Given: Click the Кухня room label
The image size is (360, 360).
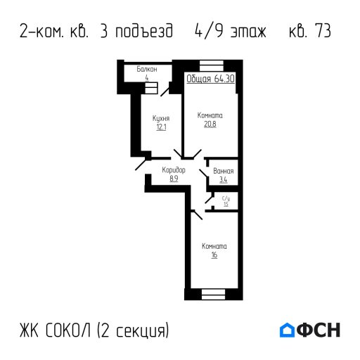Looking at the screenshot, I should [160, 118].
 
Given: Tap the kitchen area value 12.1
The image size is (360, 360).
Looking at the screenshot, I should [160, 127].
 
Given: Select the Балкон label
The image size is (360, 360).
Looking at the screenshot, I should [147, 70].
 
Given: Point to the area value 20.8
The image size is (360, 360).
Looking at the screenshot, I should [210, 124].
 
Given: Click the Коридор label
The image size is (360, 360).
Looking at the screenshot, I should [174, 170].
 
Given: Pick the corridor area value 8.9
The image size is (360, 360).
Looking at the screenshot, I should [174, 179].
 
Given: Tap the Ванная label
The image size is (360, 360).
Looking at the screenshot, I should [224, 171].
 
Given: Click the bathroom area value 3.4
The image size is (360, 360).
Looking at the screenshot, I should [224, 180].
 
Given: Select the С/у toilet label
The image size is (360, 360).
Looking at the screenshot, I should [226, 199].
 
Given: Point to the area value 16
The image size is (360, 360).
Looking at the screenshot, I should [214, 255].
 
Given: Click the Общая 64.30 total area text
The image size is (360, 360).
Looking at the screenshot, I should [211, 79].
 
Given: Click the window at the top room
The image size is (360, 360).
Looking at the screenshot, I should [210, 65].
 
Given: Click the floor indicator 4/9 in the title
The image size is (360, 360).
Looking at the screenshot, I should [205, 32].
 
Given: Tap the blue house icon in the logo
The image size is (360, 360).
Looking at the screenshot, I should [287, 330].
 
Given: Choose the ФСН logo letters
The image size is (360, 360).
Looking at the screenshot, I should [319, 330].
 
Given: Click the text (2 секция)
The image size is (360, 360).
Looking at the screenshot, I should [134, 330].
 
